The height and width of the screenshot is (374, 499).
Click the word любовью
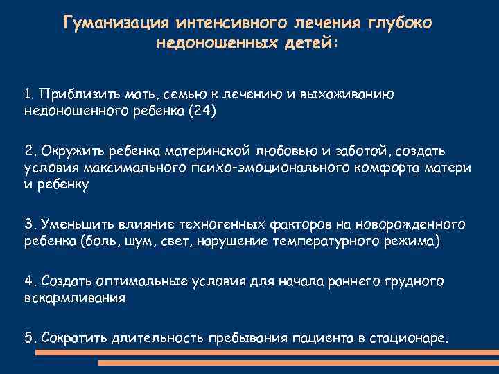276,151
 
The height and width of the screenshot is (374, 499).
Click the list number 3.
28,224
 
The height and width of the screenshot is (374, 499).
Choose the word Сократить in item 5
72,338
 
